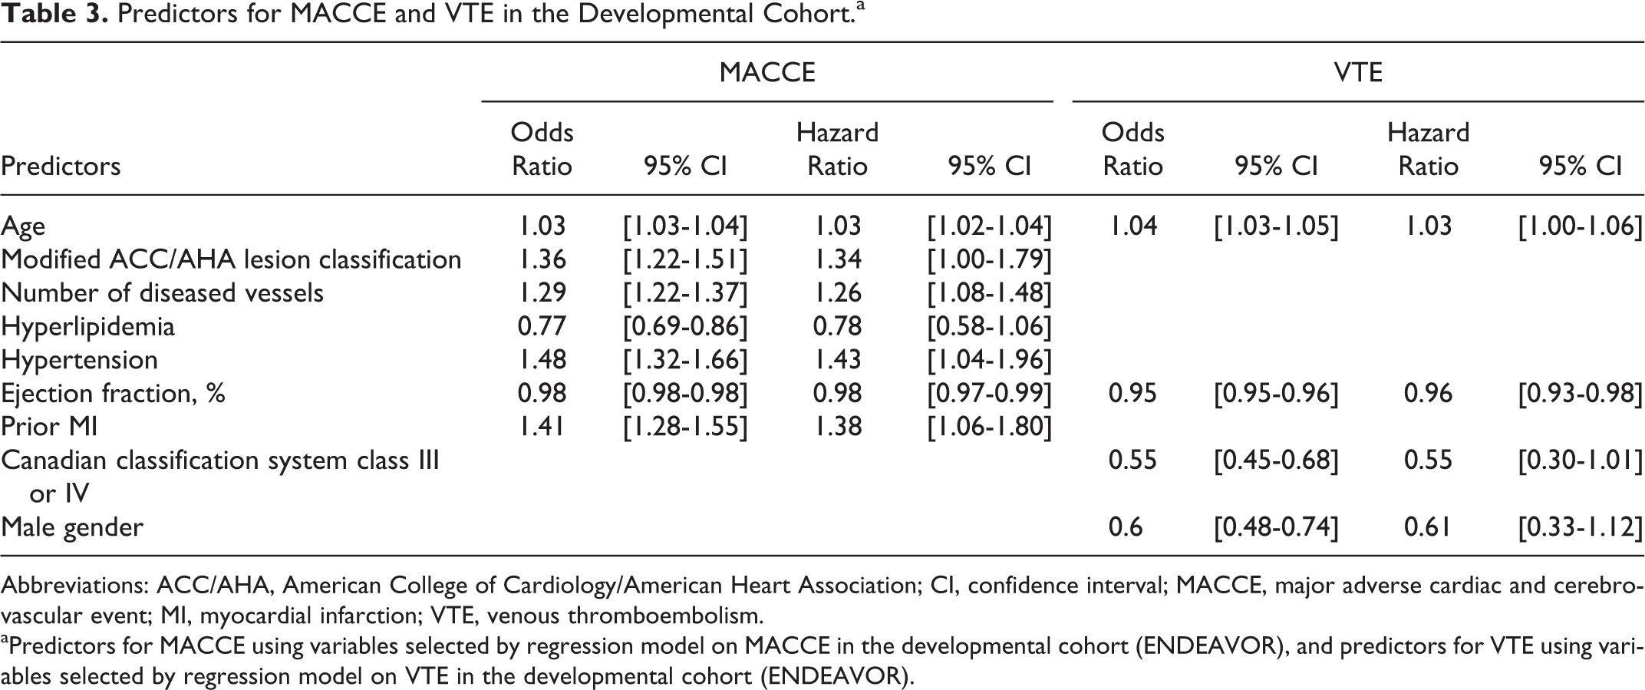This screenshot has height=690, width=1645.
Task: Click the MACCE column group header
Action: pyautogui.click(x=767, y=72)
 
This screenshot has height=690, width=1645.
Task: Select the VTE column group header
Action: pyautogui.click(x=1358, y=72)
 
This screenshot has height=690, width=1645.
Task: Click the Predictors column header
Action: pyautogui.click(x=61, y=166)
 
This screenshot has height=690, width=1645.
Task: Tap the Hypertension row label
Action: pyautogui.click(x=79, y=360)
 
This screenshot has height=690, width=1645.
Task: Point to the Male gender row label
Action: pyautogui.click(x=71, y=527)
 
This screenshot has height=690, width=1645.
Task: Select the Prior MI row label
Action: pyautogui.click(x=49, y=426)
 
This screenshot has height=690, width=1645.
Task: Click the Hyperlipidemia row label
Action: pyautogui.click(x=87, y=326)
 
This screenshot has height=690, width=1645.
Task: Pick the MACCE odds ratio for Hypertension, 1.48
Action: pyautogui.click(x=542, y=360)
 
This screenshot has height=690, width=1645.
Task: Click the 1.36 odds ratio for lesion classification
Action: pyautogui.click(x=542, y=259)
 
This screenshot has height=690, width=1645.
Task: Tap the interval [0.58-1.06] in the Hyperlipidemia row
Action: pyautogui.click(x=989, y=326)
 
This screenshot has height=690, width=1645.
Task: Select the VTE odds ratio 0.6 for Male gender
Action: pyautogui.click(x=1126, y=527)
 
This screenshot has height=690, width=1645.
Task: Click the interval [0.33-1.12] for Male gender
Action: pyautogui.click(x=1581, y=527)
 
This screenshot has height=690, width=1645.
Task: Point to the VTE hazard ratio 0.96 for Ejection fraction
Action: pyautogui.click(x=1428, y=394)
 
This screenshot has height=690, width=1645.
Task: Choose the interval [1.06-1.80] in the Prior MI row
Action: pyautogui.click(x=989, y=427)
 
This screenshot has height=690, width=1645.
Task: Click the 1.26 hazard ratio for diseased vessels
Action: pyautogui.click(x=838, y=293)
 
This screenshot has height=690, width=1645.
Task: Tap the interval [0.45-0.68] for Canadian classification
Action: pyautogui.click(x=1276, y=461)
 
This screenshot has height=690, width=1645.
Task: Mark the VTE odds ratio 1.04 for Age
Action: pyautogui.click(x=1133, y=226)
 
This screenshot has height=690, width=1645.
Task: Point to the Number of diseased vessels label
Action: pyautogui.click(x=162, y=293)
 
